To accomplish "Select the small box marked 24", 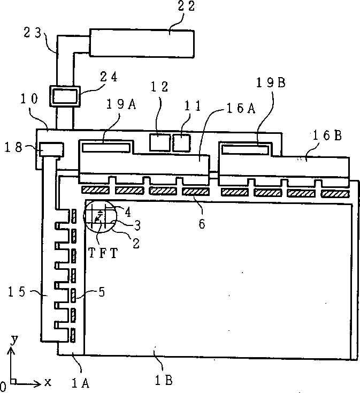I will click(x=64, y=97).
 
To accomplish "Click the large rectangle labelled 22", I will click(x=141, y=43).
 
